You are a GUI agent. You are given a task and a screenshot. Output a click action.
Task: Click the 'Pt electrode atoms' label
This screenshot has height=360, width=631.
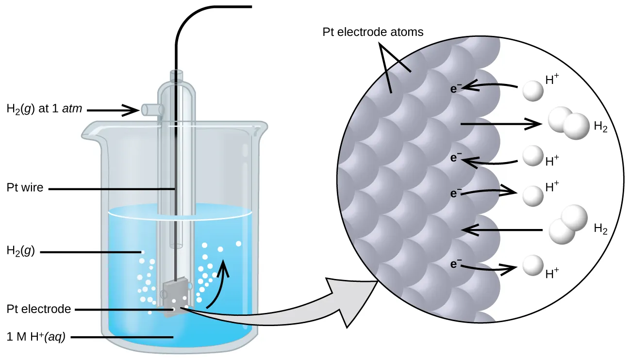pyautogui.click(x=373, y=33)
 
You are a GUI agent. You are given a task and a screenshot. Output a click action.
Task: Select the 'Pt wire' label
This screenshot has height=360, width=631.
pyautogui.click(x=24, y=188)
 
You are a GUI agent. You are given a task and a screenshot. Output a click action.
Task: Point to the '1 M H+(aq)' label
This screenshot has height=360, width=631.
pyautogui.click(x=37, y=337)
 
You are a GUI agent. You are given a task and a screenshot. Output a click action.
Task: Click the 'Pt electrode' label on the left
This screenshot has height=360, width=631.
pyautogui.click(x=39, y=309)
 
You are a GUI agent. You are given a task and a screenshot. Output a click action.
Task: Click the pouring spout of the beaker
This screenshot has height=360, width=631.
pyautogui.click(x=92, y=130)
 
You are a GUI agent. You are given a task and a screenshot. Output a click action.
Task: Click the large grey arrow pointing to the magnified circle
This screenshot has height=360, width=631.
pyautogui.click(x=291, y=311)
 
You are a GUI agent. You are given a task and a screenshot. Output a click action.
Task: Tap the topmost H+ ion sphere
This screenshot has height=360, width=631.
pyautogui.click(x=531, y=91)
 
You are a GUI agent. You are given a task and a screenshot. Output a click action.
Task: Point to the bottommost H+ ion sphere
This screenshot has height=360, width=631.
pyautogui.click(x=532, y=266)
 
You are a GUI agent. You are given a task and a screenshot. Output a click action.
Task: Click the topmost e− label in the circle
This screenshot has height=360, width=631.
pyautogui.click(x=455, y=89)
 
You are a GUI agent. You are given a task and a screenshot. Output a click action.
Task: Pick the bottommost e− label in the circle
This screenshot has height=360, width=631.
pyautogui.click(x=455, y=264)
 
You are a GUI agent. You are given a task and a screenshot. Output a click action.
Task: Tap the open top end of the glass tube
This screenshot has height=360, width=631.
pyautogui.click(x=177, y=74)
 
